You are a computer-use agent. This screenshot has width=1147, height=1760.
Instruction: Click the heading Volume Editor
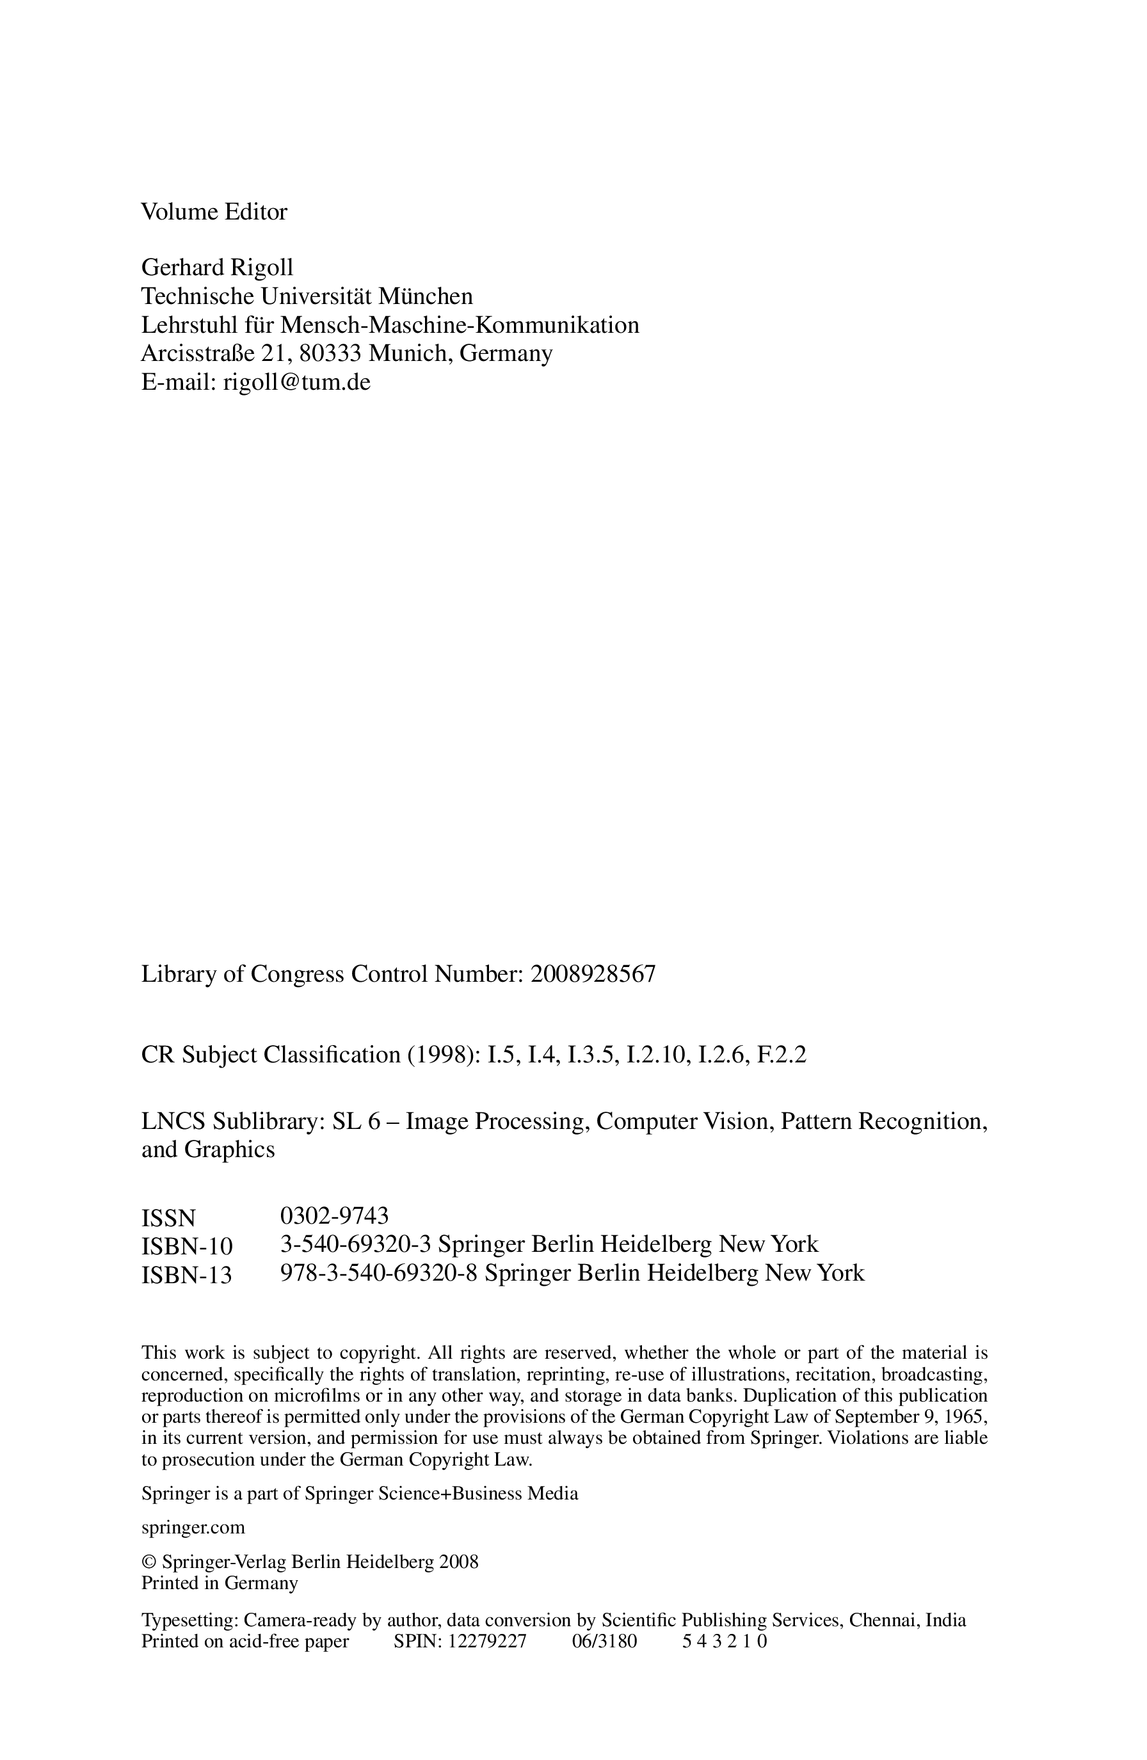pos(214,212)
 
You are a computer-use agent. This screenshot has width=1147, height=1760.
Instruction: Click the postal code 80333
pos(330,353)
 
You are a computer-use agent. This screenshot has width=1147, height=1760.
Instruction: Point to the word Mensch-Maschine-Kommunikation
pos(459,325)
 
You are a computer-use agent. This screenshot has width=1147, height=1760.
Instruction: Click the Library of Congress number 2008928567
pos(592,974)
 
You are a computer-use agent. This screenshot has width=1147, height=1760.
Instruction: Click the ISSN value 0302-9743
pos(334,1215)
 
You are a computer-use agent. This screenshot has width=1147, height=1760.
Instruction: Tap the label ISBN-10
pos(186,1247)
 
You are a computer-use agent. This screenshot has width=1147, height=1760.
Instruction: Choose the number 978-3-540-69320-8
pos(378,1273)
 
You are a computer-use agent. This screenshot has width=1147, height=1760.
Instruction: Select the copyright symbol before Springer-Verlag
pos(148,1562)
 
